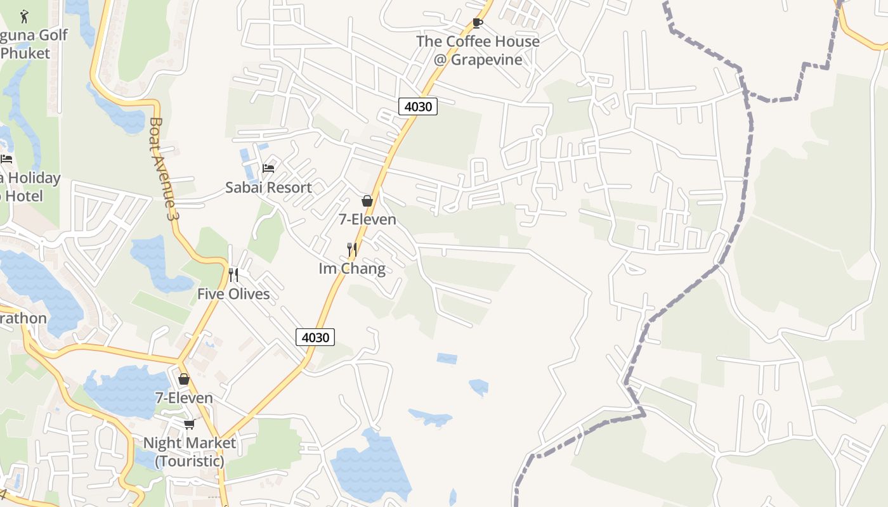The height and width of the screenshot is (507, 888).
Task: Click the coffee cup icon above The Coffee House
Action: (478, 23)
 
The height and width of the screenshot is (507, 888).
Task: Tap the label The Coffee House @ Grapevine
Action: (478, 51)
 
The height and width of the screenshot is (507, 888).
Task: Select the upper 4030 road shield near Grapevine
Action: (418, 106)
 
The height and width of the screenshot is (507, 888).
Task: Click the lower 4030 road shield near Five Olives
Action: (315, 337)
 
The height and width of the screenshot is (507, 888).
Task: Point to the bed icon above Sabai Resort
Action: (268, 168)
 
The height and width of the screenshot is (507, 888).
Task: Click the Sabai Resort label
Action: (268, 188)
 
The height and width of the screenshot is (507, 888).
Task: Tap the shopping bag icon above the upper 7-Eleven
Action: (367, 201)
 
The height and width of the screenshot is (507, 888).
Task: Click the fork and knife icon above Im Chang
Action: (352, 249)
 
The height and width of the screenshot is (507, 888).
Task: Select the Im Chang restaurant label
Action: (352, 269)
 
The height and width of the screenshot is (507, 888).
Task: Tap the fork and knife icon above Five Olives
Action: (233, 274)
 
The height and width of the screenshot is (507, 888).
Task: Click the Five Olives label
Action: (233, 294)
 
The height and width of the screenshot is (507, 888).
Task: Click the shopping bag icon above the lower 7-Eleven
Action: (184, 379)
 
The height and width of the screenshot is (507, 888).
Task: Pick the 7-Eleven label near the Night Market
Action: (184, 398)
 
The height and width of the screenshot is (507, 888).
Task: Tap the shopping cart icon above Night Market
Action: (189, 424)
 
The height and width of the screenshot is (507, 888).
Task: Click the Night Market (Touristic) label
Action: (190, 452)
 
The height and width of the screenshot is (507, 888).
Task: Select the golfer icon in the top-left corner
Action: (25, 15)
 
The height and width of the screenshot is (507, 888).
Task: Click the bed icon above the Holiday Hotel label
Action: (6, 158)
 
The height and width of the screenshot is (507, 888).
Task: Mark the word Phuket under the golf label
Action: (25, 53)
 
